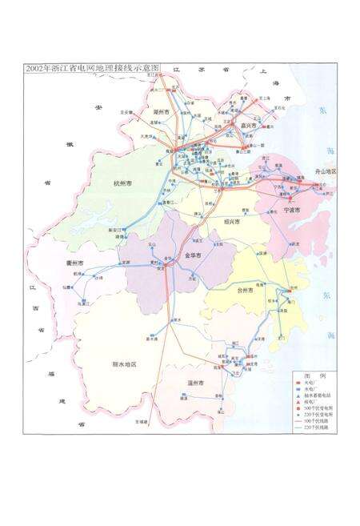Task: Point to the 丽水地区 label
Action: [124, 363]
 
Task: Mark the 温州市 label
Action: [195, 383]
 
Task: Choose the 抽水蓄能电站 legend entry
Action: [319, 396]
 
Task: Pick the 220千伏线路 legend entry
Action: [318, 428]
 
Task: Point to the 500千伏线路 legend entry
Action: [318, 422]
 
